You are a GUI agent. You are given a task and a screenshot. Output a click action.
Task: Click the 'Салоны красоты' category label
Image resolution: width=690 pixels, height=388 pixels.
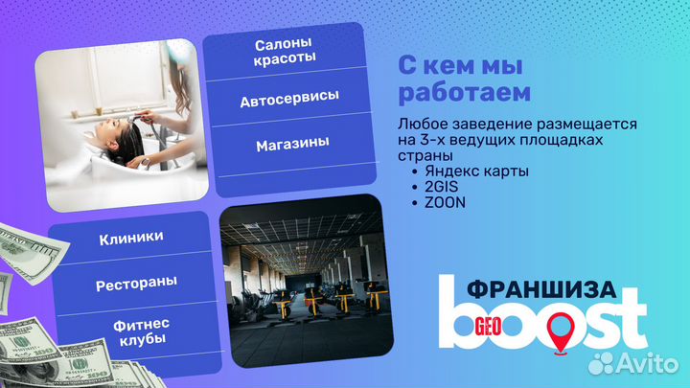click(286, 53)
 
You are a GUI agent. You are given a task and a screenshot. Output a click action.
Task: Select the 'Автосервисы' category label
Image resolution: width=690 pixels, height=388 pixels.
click(289, 100)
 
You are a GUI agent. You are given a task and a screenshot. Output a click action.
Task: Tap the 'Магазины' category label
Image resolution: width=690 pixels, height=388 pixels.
click(292, 143)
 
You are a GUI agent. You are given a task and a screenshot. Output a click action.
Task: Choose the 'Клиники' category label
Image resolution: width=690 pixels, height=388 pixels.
click(131, 237)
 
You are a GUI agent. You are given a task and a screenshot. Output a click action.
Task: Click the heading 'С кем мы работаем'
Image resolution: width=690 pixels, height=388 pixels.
click(464, 80)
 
